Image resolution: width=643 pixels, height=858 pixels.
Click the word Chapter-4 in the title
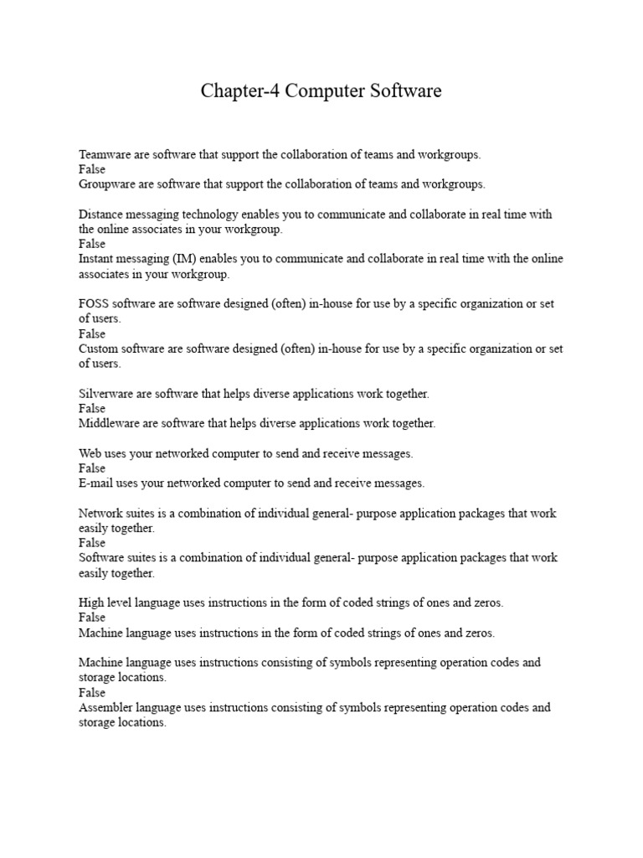[240, 91]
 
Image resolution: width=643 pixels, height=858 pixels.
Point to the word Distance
[101, 214]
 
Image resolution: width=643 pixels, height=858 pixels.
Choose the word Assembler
[107, 707]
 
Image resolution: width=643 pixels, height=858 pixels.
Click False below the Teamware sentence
[92, 169]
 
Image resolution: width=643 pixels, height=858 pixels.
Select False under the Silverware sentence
[92, 409]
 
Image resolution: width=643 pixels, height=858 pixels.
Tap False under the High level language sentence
[92, 618]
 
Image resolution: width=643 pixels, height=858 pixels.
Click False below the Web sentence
[92, 468]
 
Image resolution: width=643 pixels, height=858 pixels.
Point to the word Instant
[98, 259]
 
